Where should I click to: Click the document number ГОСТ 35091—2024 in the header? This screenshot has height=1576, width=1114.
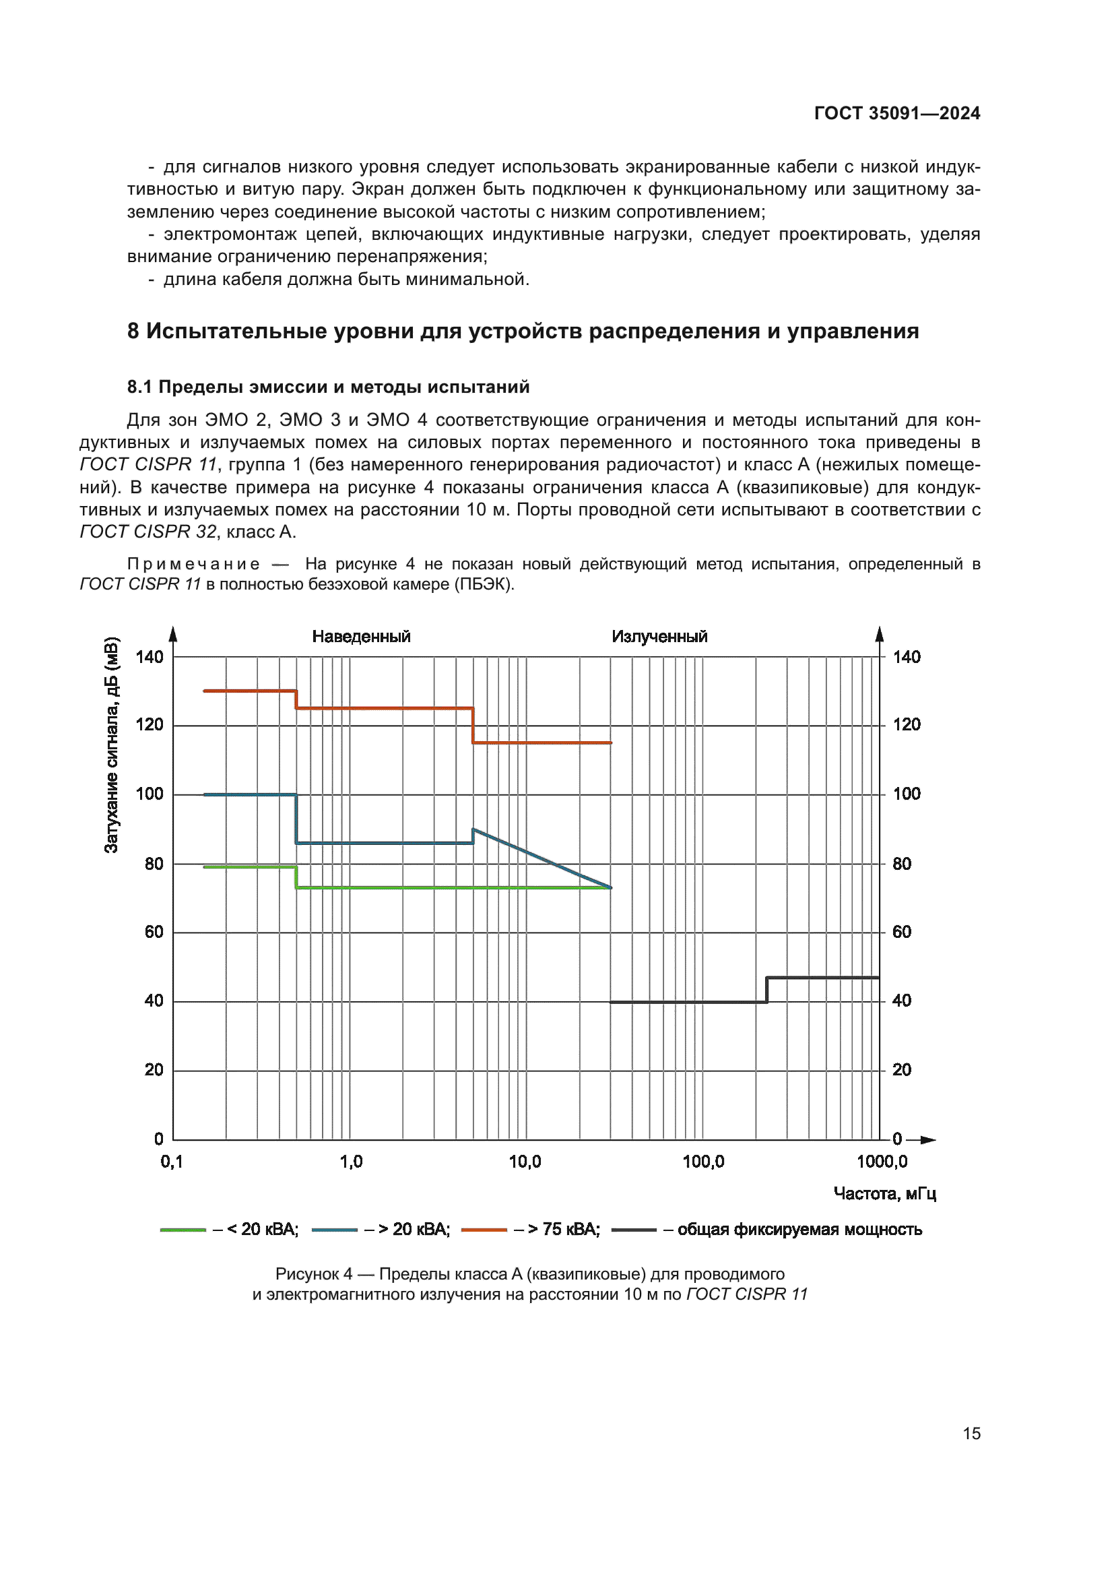[x=896, y=113]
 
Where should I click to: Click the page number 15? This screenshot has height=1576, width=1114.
[x=971, y=1433]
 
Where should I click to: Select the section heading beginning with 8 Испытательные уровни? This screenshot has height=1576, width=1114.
[x=523, y=331]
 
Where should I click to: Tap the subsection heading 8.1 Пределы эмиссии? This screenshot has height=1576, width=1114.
[x=328, y=387]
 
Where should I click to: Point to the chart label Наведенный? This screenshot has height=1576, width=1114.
[x=361, y=636]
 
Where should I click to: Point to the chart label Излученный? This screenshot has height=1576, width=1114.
[x=659, y=636]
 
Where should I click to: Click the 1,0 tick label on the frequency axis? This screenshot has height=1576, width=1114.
[x=350, y=1162]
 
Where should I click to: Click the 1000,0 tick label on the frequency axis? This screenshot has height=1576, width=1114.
[x=882, y=1162]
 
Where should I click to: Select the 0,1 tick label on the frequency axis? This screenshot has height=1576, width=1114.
[x=172, y=1162]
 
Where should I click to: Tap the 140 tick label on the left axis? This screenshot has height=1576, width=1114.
[x=150, y=657]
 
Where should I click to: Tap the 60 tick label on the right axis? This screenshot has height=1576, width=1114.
[x=901, y=932]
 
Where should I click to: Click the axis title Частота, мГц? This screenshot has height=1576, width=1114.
[x=884, y=1194]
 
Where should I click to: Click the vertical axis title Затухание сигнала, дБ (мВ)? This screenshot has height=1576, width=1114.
[x=111, y=745]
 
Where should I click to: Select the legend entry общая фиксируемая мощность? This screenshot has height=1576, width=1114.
[x=799, y=1230]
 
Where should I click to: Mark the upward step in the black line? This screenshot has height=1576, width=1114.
[x=767, y=989]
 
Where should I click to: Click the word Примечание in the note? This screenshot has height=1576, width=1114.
[x=193, y=564]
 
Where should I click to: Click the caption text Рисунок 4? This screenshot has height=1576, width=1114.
[x=313, y=1274]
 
